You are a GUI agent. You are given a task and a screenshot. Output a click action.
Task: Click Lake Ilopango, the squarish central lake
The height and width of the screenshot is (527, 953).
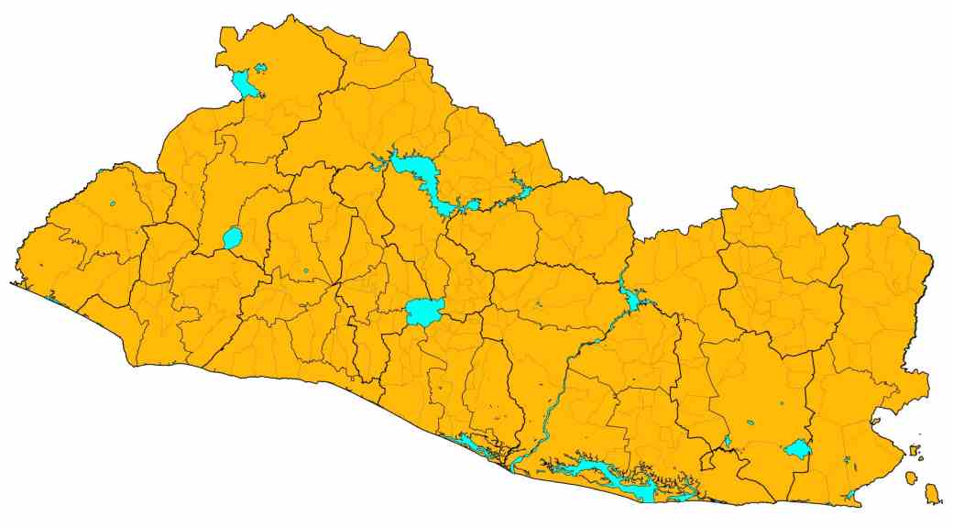pyautogui.click(x=424, y=312)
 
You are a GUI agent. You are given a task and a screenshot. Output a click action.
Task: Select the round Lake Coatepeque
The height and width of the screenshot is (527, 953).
pyautogui.click(x=232, y=238)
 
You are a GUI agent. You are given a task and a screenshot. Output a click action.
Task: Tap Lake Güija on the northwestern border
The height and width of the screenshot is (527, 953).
pyautogui.click(x=244, y=84)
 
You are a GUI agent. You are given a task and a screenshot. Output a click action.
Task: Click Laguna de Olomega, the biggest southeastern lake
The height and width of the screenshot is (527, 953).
pyautogui.click(x=798, y=449)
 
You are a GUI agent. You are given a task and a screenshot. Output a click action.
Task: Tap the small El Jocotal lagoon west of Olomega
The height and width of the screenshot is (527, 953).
pyautogui.click(x=728, y=442)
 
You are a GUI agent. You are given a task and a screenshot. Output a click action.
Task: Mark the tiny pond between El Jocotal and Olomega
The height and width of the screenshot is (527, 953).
pyautogui.click(x=751, y=423)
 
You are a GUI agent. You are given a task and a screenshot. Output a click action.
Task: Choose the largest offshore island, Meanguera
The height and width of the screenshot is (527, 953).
pyautogui.click(x=933, y=495)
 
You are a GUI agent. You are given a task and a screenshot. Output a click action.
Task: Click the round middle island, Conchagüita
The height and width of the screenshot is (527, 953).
pyautogui.click(x=912, y=478)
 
